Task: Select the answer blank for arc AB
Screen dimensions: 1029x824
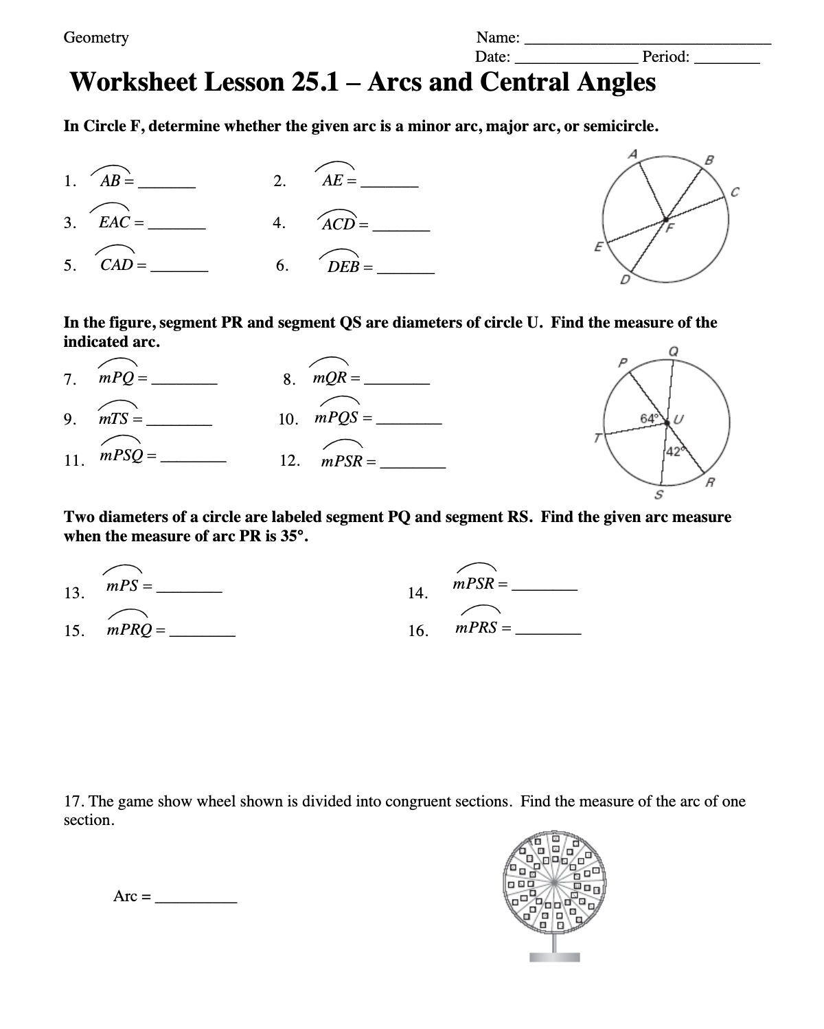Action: (x=168, y=187)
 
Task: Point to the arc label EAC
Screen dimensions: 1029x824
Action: (x=114, y=223)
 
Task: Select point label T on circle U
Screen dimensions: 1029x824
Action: (x=598, y=438)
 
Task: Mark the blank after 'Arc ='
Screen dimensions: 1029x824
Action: (x=196, y=901)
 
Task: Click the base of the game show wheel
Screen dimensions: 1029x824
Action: (x=554, y=957)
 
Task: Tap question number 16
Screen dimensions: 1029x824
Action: (x=418, y=631)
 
